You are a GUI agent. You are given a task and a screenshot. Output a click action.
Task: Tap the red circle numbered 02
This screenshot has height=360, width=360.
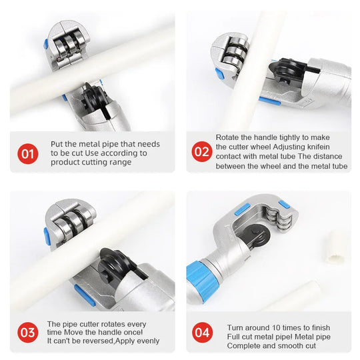[202, 152]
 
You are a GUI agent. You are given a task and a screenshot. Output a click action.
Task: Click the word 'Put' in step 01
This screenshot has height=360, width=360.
[58, 144]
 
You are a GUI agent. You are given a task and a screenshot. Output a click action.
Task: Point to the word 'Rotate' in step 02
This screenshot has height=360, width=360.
[229, 137]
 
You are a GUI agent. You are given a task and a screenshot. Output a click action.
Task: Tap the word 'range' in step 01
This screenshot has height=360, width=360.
[119, 163]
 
